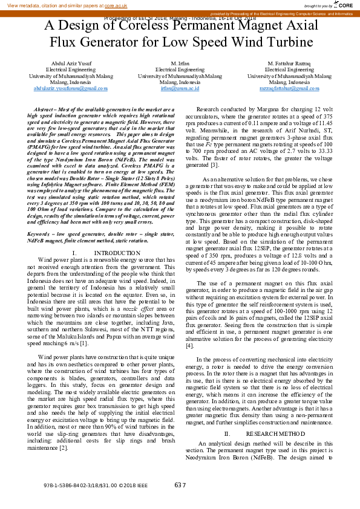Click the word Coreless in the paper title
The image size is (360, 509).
(x=156, y=26)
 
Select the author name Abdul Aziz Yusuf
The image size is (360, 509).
(x=71, y=63)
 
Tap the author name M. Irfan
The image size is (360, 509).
(x=180, y=63)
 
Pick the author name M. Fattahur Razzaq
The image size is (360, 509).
(x=289, y=63)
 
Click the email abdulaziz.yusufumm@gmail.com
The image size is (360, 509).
(x=71, y=88)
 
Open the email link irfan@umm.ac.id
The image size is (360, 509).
(x=180, y=88)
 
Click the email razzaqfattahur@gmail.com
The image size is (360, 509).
(x=289, y=88)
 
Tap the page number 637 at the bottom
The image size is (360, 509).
(x=180, y=485)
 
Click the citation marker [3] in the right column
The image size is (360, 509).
(x=214, y=165)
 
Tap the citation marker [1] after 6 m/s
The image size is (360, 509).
(x=85, y=343)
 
